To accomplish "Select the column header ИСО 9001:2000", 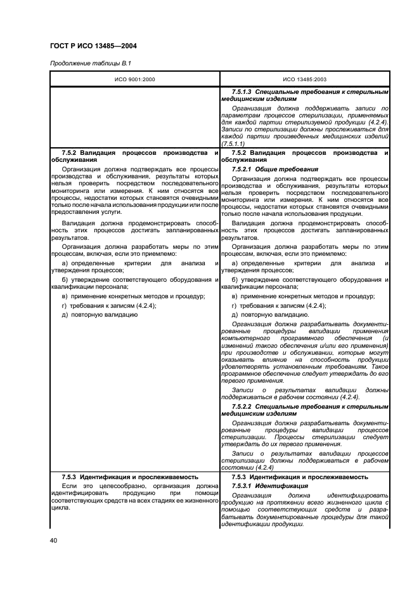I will (134, 79).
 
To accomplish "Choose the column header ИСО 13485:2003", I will (304, 79).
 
